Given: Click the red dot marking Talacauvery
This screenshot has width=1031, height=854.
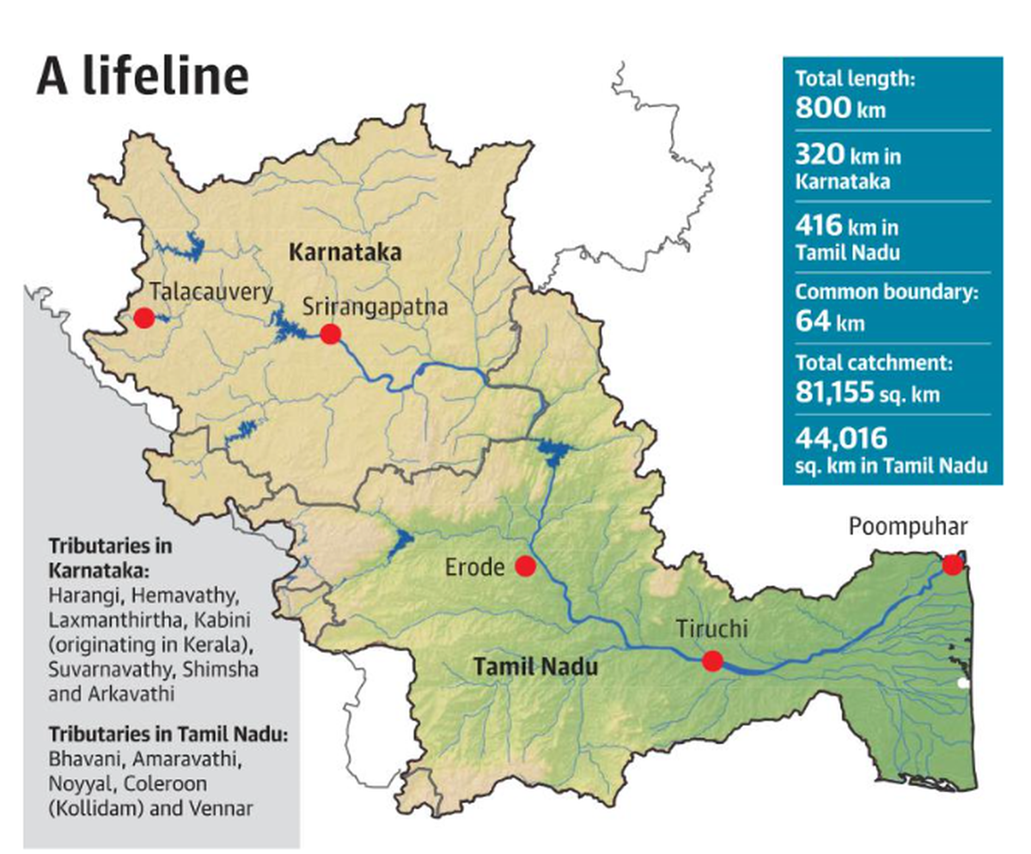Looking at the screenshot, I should (x=143, y=318).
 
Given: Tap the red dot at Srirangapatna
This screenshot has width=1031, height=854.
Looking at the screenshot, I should (x=330, y=333).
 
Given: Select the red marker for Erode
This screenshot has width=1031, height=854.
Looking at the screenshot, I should (x=525, y=566).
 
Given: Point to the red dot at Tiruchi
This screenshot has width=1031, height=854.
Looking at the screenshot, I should (x=712, y=661).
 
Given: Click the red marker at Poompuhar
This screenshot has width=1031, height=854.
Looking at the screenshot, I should (x=952, y=564).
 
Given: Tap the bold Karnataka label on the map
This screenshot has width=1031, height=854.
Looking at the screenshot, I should (x=346, y=253).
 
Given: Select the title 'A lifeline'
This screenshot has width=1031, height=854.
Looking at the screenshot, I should (x=142, y=76).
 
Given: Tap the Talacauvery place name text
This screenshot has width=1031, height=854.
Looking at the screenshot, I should (x=210, y=290).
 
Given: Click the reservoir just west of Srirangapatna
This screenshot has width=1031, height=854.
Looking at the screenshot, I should (x=287, y=326).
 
